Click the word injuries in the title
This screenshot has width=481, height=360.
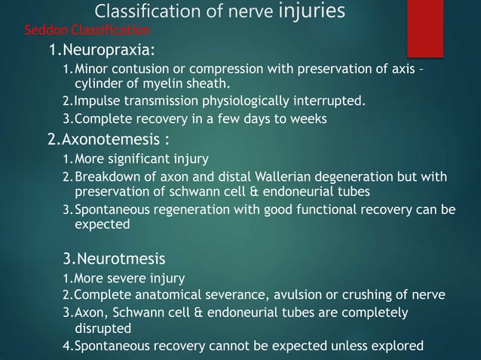click(311, 11)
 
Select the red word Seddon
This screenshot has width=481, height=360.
click(44, 30)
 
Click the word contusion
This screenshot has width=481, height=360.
click(139, 70)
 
